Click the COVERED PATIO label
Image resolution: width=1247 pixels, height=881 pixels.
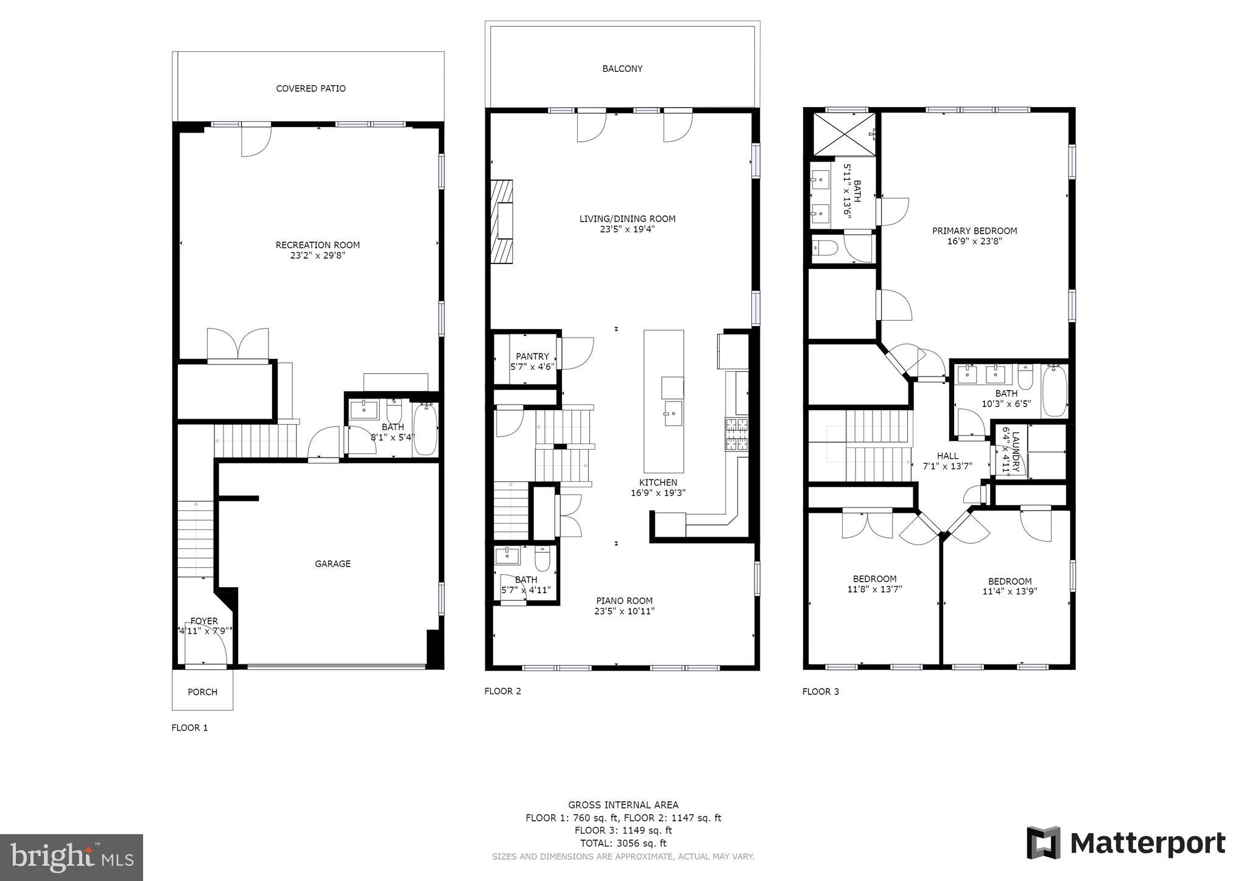click(x=311, y=89)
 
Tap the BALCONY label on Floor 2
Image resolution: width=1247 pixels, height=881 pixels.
click(x=622, y=69)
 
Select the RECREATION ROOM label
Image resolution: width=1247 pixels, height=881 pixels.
click(x=317, y=245)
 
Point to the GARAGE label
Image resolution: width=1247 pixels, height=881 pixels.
click(x=332, y=564)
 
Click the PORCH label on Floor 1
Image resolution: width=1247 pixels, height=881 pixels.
click(x=202, y=692)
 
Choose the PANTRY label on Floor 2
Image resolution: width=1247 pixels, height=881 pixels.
click(x=532, y=357)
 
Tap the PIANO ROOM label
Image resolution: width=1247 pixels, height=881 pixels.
click(x=624, y=601)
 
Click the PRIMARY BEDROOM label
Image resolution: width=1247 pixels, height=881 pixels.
click(x=974, y=231)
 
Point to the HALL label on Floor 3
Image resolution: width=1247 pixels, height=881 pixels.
click(x=947, y=456)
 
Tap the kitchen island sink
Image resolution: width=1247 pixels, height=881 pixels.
click(x=673, y=413)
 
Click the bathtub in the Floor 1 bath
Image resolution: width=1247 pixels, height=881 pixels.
click(x=425, y=429)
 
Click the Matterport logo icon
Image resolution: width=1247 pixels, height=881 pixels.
click(x=1044, y=843)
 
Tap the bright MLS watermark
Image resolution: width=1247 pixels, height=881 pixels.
click(x=72, y=857)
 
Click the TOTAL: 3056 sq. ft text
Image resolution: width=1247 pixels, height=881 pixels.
click(x=623, y=843)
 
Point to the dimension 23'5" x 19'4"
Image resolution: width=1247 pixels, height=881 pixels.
click(x=627, y=229)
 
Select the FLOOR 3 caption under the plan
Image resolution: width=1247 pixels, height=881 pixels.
click(x=820, y=691)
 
